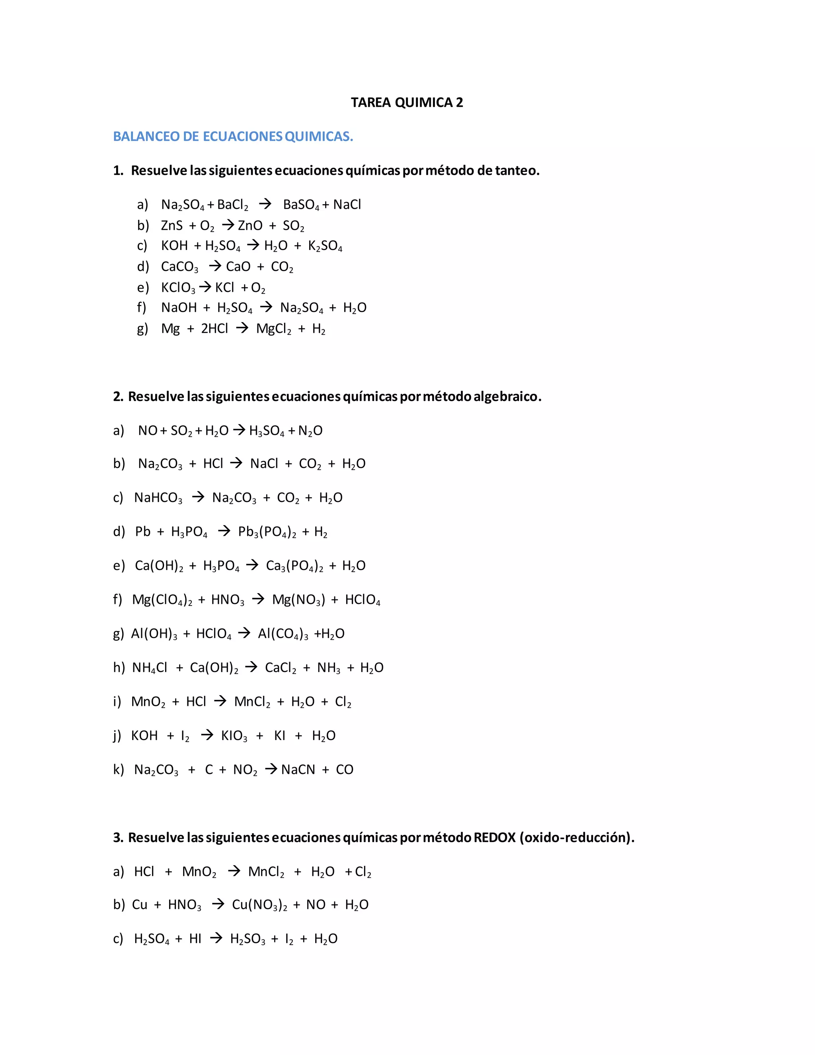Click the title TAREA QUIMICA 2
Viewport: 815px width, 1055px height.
[407, 102]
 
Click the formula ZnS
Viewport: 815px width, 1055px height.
[172, 226]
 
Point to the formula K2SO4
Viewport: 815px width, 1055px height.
[325, 246]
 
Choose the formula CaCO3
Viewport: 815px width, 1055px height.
[179, 267]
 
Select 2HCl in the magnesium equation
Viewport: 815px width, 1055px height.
[214, 328]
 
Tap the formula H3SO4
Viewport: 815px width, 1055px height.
[267, 431]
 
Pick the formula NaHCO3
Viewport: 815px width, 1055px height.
[158, 498]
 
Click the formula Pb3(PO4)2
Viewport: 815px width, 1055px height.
[267, 532]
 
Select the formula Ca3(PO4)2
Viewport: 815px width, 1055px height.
[294, 566]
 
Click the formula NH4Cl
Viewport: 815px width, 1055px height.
[149, 668]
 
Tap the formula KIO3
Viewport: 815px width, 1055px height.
[234, 736]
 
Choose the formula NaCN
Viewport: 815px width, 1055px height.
[298, 770]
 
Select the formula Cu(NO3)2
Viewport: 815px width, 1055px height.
[259, 905]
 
